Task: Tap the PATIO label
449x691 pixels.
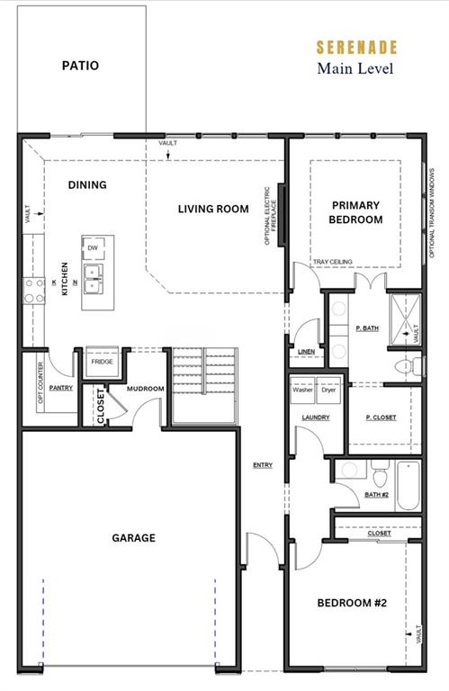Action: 80,66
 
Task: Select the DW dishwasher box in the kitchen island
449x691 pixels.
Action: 93,247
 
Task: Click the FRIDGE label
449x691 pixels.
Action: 101,362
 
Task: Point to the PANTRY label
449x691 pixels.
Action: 61,388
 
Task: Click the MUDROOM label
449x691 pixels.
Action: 144,390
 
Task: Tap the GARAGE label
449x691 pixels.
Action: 133,538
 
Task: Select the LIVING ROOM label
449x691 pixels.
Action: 212,209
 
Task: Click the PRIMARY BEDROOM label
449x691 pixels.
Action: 355,212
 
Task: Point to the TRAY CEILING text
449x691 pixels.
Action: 332,262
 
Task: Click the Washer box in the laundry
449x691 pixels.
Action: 302,390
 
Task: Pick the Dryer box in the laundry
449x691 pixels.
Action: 329,390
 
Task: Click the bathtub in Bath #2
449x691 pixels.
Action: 408,487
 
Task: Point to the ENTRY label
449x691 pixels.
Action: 263,465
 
